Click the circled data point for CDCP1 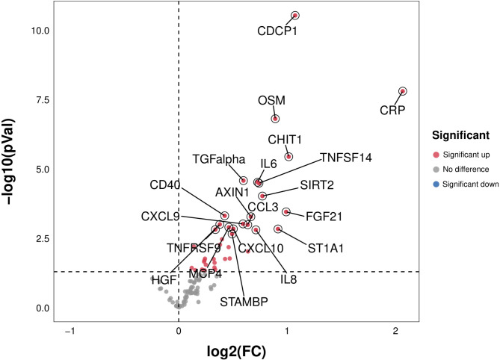click(x=295, y=15)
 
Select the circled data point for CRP click(x=403, y=91)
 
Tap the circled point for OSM click(x=275, y=119)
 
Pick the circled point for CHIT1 click(x=288, y=156)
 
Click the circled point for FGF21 click(x=286, y=212)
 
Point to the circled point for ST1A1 click(x=278, y=229)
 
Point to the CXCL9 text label click(x=160, y=217)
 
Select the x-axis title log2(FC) click(x=235, y=350)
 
